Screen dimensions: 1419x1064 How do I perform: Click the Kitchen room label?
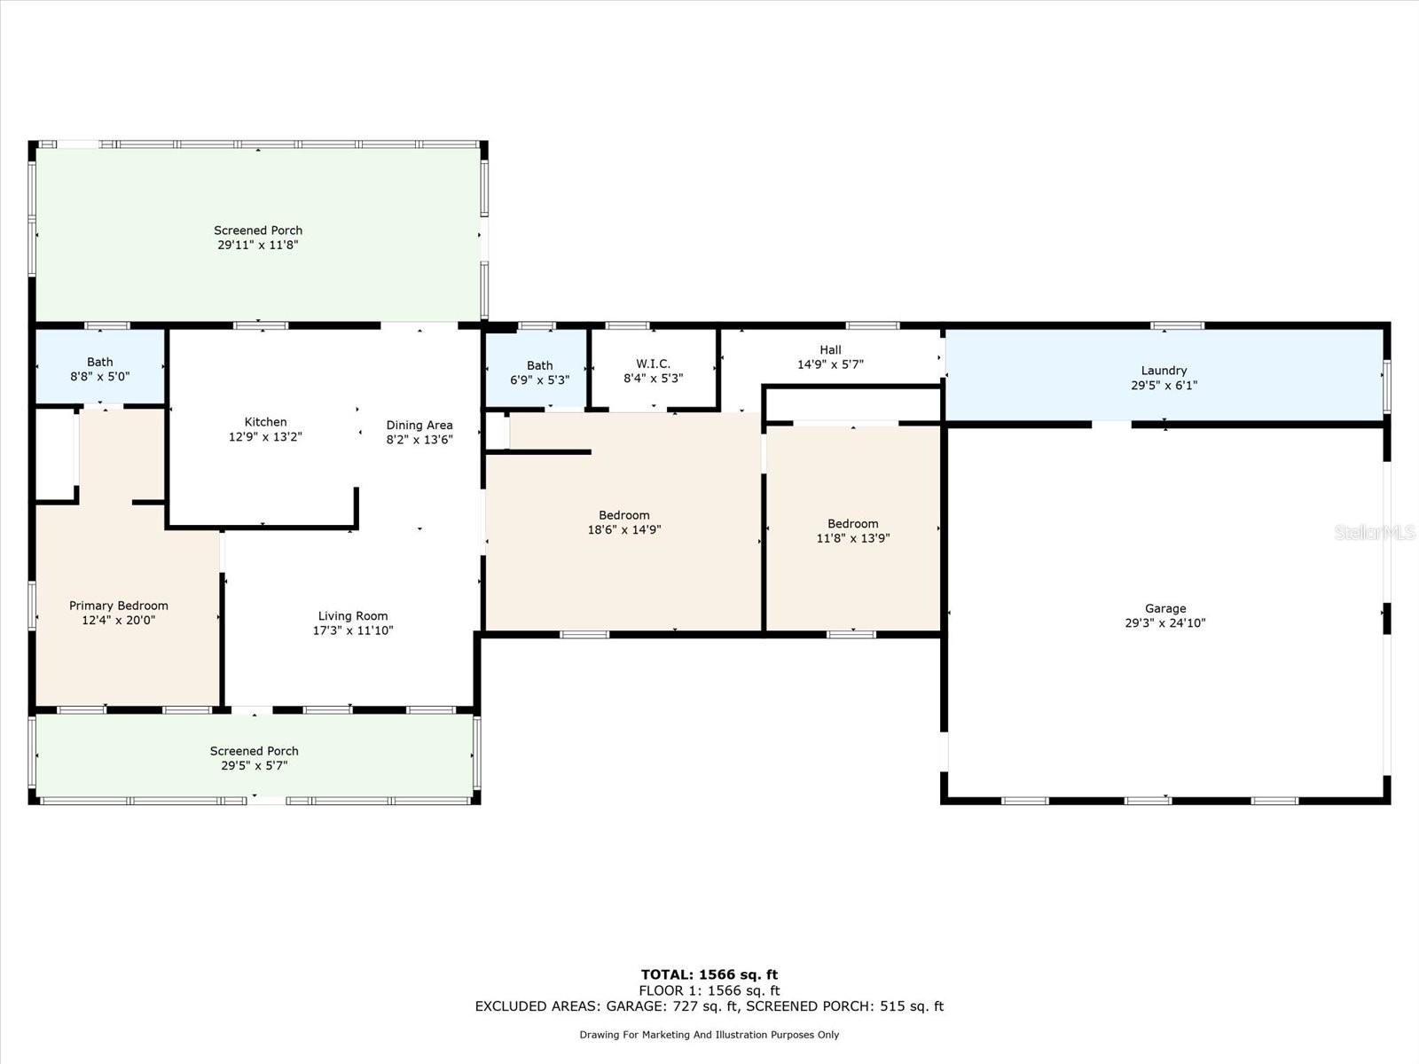click(266, 422)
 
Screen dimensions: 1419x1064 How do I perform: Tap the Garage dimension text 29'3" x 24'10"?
click(1165, 622)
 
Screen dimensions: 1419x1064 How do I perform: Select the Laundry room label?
click(1164, 370)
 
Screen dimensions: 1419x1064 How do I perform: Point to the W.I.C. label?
click(653, 364)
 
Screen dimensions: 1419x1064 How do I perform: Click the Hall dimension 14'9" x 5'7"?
click(830, 364)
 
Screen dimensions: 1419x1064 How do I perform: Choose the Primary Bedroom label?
click(118, 606)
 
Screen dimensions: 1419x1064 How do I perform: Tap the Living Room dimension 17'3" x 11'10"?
click(353, 630)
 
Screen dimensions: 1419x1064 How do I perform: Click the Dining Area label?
click(419, 425)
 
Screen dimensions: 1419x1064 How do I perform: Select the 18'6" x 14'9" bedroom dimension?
click(623, 529)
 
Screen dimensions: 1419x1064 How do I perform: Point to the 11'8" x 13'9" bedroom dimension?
click(852, 538)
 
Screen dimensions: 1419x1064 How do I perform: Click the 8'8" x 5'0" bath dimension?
click(100, 377)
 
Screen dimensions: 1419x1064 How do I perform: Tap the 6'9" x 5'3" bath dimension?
click(540, 379)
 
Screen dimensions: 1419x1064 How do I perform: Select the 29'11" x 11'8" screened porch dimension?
click(258, 245)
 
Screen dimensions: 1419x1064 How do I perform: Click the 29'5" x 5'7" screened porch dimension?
click(254, 765)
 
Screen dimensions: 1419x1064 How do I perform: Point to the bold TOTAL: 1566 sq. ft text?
click(709, 974)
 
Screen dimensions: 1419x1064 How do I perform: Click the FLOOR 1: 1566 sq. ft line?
click(709, 990)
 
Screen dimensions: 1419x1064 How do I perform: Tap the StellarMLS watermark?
click(1375, 532)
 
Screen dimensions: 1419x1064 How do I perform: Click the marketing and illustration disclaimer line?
click(709, 1034)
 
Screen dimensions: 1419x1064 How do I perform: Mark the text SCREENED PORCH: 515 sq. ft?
click(845, 1005)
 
